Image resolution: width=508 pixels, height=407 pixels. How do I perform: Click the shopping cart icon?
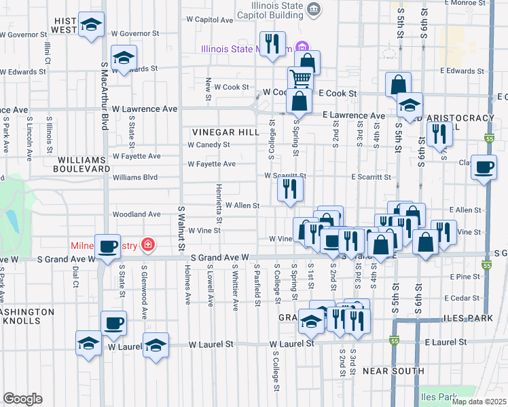pos(300,78)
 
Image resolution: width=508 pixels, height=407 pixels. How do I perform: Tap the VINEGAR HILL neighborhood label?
pos(225,132)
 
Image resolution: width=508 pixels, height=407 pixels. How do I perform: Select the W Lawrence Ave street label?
pos(145,109)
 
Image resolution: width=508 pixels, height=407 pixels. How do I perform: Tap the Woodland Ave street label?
pos(137,214)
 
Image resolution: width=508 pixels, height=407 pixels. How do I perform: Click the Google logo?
pos(22,399)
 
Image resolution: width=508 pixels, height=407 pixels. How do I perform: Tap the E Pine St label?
pos(465,277)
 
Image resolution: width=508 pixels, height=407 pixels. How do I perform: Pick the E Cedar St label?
pos(463,298)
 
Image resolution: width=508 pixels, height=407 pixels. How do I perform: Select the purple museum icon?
pos(298,48)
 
